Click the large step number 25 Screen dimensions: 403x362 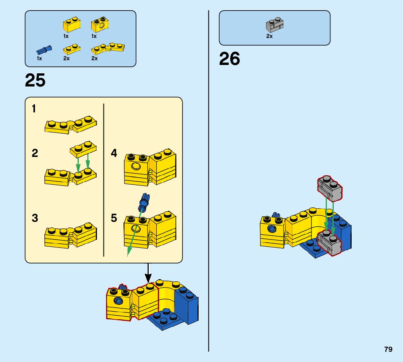35,81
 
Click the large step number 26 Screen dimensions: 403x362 230,59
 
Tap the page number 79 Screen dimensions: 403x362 388,349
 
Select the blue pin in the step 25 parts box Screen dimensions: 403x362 44,50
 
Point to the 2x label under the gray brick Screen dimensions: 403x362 269,36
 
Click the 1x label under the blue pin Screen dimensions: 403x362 39,58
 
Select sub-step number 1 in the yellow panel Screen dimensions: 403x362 34,109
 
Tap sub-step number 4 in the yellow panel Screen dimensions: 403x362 114,153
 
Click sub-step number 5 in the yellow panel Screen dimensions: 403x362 114,218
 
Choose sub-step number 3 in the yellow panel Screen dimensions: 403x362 35,218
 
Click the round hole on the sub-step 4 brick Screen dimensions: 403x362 136,166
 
